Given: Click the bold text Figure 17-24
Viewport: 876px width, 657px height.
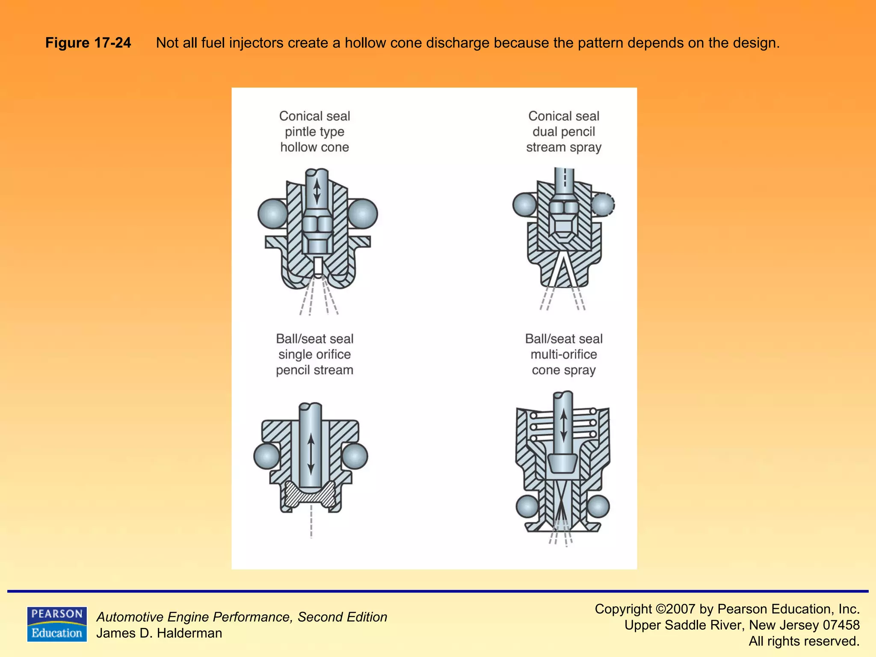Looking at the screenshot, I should [x=88, y=43].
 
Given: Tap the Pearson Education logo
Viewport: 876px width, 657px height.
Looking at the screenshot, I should [x=57, y=624].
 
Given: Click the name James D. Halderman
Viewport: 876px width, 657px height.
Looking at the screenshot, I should [x=159, y=633].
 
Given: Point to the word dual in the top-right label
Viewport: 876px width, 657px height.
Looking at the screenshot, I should [x=545, y=132].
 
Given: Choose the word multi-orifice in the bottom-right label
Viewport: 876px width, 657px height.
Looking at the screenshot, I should [x=563, y=354].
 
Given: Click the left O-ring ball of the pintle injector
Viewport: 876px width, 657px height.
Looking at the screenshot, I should [x=273, y=213].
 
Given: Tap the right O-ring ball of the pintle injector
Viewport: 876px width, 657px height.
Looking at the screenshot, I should [x=363, y=213].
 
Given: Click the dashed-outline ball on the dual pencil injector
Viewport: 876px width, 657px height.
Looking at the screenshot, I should [x=603, y=204].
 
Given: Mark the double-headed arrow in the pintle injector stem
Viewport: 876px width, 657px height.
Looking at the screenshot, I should [x=317, y=191].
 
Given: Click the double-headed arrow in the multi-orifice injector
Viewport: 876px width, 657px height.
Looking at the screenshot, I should [x=563, y=426].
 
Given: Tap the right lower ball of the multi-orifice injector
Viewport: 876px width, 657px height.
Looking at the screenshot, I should [x=598, y=507].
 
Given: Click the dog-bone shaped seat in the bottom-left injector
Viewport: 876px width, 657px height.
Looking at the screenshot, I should [x=311, y=495].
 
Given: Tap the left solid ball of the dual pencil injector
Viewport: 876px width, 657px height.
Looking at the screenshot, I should [x=524, y=204].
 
